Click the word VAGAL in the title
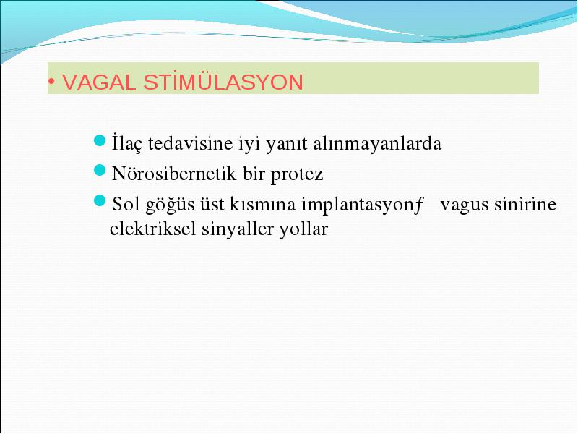coord(99,82)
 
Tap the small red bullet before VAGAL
coord(52,81)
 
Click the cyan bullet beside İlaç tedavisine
coord(100,140)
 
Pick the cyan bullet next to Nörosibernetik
coord(100,171)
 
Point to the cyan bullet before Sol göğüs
coord(100,201)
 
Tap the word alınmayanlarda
coord(376,143)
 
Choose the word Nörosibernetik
coord(173,174)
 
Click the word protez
coord(297,174)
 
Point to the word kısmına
coord(262,204)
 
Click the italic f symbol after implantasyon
coord(418,205)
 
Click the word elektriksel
coord(152,229)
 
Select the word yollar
coord(303,229)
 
